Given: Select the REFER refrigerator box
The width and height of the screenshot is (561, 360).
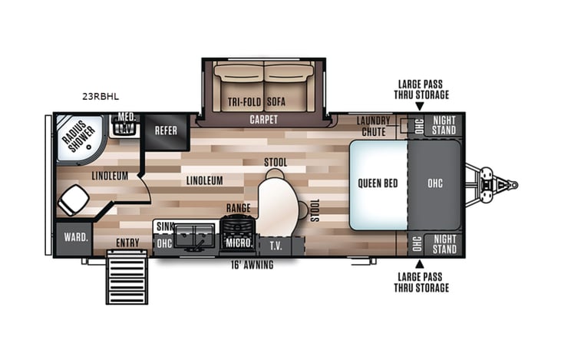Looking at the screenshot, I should click(166, 130).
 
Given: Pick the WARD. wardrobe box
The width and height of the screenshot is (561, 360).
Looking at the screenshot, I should click(74, 237).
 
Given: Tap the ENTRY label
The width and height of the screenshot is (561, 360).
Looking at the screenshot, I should click(127, 243).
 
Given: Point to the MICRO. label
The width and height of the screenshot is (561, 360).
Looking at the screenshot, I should click(239, 244).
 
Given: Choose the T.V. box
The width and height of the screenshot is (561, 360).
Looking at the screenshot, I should click(275, 245).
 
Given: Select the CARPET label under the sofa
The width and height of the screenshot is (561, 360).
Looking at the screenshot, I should click(263, 121).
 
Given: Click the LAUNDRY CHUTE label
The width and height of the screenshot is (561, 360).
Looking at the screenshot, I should click(373, 127).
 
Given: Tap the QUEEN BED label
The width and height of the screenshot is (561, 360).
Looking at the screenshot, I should click(376, 183).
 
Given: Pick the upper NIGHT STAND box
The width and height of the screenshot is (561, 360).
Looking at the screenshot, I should click(444, 125).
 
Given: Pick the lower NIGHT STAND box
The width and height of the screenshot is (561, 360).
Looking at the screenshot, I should click(444, 244).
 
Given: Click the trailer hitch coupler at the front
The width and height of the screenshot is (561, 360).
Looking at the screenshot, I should click(503, 184).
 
